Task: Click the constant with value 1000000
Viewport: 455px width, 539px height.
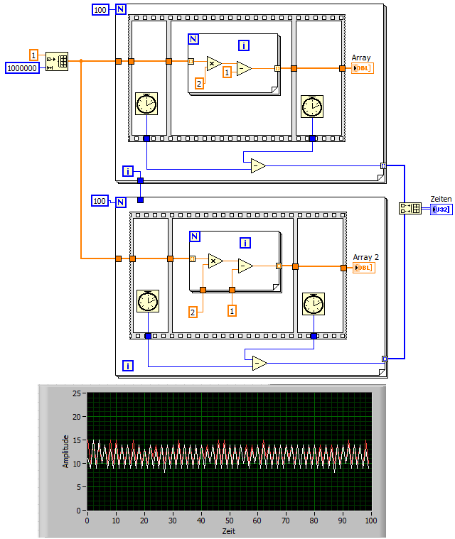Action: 23,67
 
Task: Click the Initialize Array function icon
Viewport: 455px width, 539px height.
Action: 57,61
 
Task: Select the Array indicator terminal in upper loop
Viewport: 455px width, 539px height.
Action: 362,68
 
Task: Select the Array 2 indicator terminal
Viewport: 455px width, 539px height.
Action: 363,267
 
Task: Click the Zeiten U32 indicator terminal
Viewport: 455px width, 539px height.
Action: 441,209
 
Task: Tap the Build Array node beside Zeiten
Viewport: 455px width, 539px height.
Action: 410,208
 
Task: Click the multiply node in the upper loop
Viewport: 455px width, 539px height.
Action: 213,64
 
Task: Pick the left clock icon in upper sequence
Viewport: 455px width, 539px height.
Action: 146,104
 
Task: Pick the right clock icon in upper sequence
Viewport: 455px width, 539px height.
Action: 311,107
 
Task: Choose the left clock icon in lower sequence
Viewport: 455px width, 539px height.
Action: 147,301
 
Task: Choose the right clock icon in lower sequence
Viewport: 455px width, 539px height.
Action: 313,304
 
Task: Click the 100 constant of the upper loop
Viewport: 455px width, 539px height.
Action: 102,9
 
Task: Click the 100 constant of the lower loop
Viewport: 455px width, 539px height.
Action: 100,201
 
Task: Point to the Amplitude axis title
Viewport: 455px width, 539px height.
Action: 66,450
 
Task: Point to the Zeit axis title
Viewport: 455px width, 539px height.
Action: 227,530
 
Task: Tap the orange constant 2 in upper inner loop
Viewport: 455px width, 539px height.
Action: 199,84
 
